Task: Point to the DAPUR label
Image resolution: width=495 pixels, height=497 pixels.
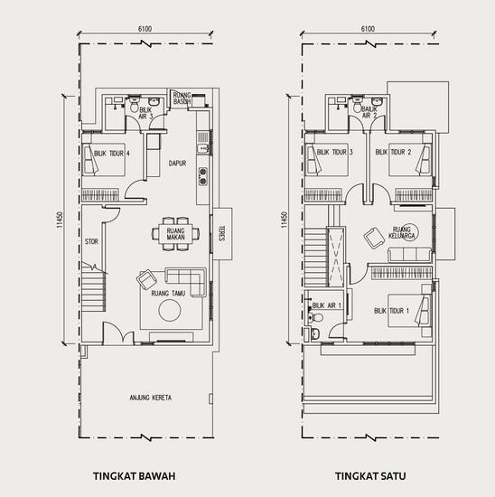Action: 177,164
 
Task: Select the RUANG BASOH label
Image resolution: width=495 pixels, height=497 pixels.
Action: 184,97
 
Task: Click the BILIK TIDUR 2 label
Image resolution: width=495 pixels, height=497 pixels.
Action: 394,153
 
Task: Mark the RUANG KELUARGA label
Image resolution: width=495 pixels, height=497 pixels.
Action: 402,233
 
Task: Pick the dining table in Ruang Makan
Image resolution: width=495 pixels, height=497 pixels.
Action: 170,232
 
